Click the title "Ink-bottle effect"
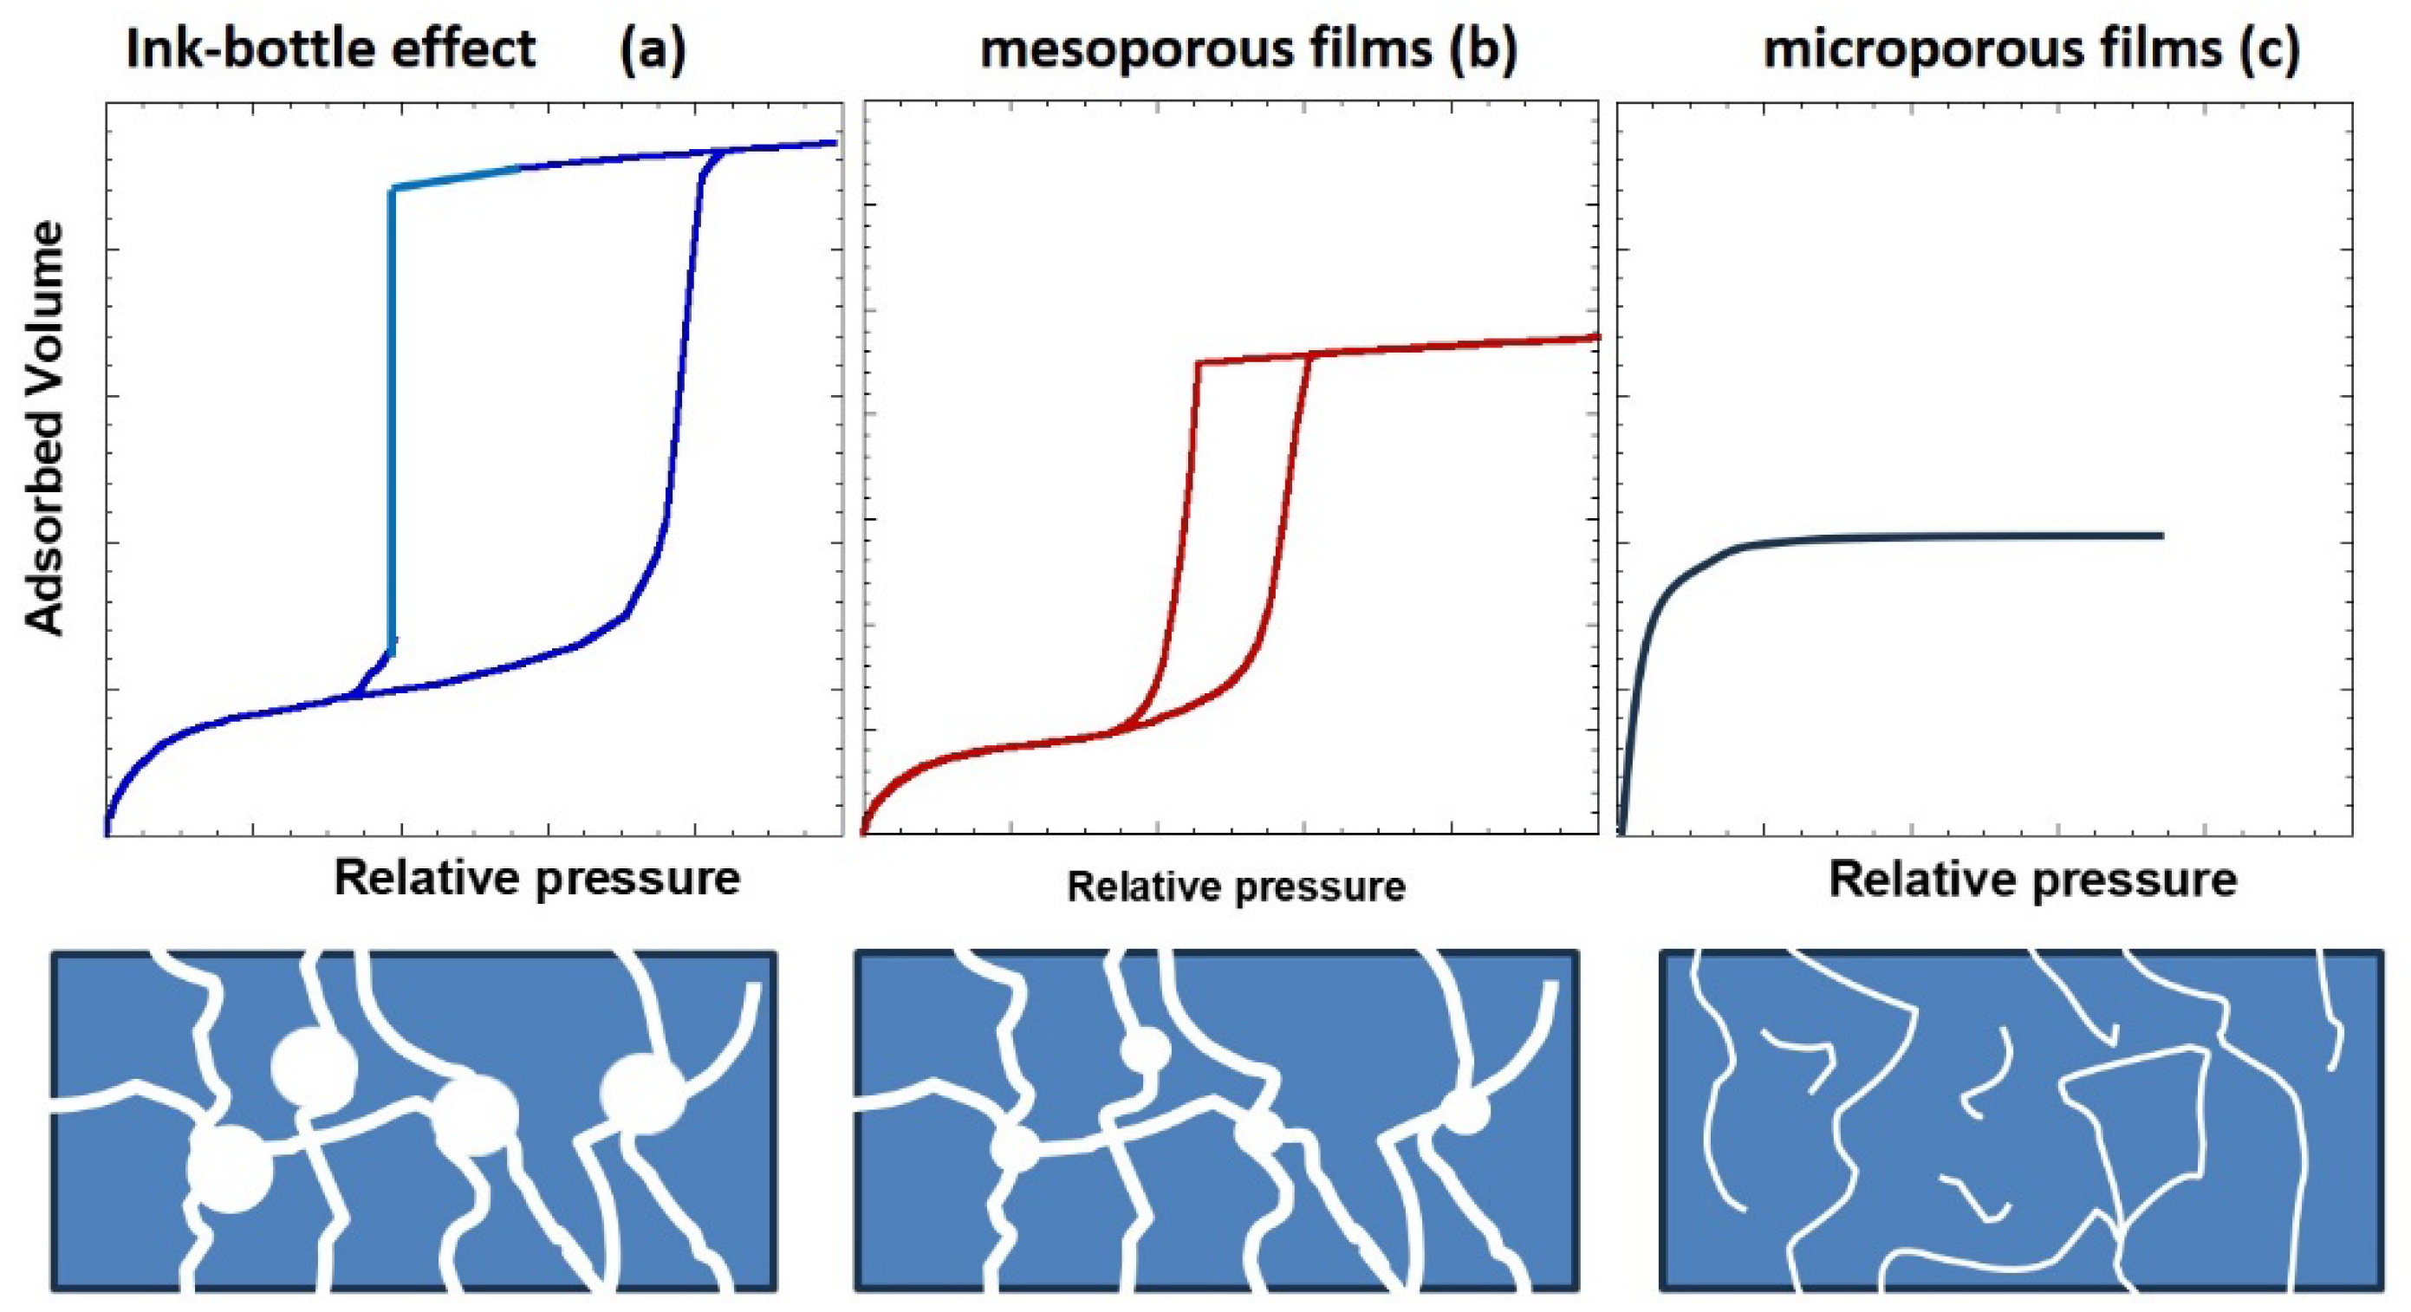329,49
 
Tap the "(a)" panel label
653,49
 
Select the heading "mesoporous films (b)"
1248,49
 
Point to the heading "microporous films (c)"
2031,49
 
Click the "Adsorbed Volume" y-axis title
45,429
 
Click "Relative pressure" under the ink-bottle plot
537,878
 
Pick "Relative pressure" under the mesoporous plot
1236,887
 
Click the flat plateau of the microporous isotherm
1966,536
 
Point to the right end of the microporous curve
2161,536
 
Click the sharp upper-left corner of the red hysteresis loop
1197,361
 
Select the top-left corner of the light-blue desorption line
393,189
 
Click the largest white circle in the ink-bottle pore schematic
231,1169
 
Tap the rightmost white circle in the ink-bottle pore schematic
644,1093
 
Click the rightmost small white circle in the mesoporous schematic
1465,1112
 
